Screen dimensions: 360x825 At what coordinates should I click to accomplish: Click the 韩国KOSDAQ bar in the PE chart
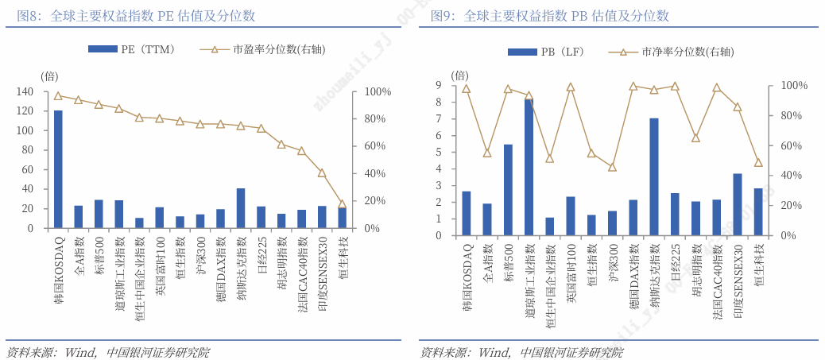(x=58, y=169)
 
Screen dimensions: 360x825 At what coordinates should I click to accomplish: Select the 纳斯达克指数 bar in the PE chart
(x=241, y=208)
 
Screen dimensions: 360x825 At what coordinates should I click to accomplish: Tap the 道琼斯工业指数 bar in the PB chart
(x=529, y=167)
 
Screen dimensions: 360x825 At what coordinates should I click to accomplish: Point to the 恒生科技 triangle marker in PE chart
(x=343, y=204)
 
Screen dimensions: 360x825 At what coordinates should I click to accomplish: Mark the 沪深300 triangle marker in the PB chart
(x=612, y=167)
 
